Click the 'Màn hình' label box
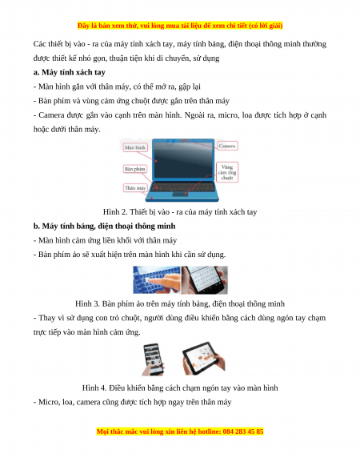pyautogui.click(x=135, y=147)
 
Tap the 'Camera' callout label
pyautogui.click(x=227, y=146)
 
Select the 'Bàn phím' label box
pyautogui.click(x=135, y=169)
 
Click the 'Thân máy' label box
pyautogui.click(x=135, y=188)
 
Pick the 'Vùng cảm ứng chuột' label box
pyautogui.click(x=227, y=172)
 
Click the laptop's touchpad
pyautogui.click(x=180, y=194)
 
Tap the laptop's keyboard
pyautogui.click(x=182, y=187)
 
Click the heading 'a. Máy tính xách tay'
pyautogui.click(x=70, y=72)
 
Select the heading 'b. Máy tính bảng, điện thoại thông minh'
pyautogui.click(x=104, y=226)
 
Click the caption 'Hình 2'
pyautogui.click(x=180, y=212)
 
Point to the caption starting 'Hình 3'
pyautogui.click(x=180, y=303)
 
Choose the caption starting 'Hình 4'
pyautogui.click(x=180, y=388)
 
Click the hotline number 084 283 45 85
pyautogui.click(x=243, y=432)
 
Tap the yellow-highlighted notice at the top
pyautogui.click(x=180, y=26)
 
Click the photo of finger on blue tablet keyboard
pyautogui.click(x=157, y=280)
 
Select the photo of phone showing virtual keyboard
pyautogui.click(x=205, y=280)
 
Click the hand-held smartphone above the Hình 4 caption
pyautogui.click(x=154, y=359)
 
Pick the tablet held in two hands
pyautogui.click(x=204, y=358)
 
